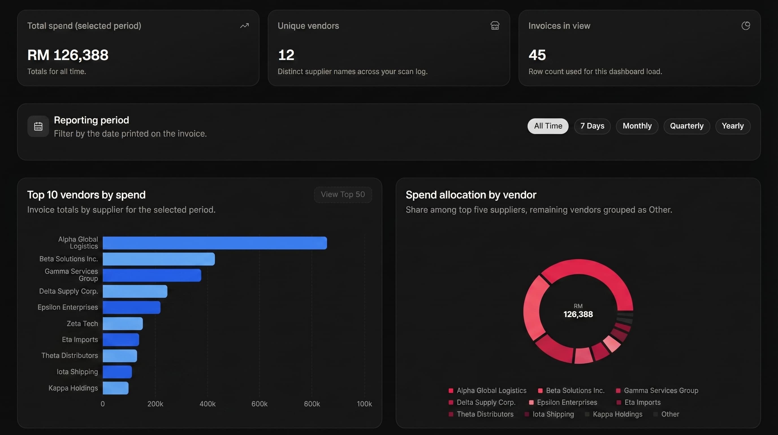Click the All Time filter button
click(548, 126)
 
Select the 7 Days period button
click(592, 126)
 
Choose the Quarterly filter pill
click(686, 126)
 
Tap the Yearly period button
click(732, 126)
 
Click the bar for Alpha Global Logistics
click(215, 243)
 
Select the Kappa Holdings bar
click(115, 388)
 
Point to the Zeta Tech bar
click(122, 323)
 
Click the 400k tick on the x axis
click(208, 404)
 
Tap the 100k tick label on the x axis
click(364, 404)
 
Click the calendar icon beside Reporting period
click(38, 126)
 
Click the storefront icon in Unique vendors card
click(495, 26)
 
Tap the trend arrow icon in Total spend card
click(244, 26)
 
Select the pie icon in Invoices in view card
click(745, 26)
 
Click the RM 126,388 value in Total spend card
click(68, 55)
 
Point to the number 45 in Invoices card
click(537, 55)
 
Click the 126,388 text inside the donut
click(578, 314)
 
